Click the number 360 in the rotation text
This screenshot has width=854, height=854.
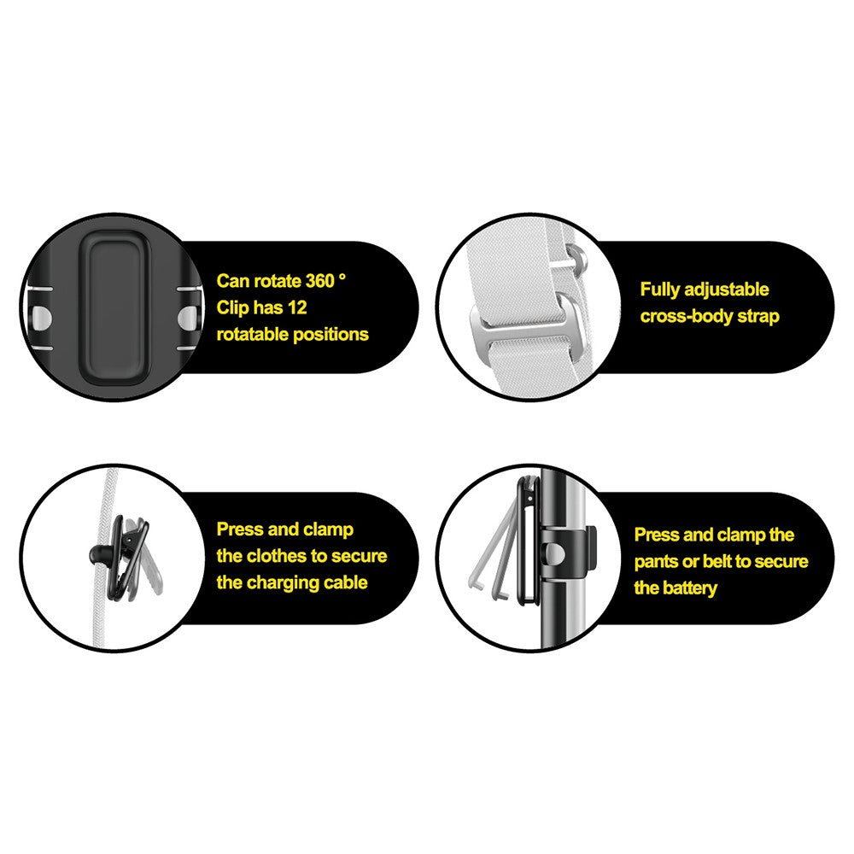[x=319, y=281]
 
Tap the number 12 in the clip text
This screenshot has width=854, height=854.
[x=297, y=307]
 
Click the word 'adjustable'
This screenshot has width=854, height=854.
[x=727, y=290]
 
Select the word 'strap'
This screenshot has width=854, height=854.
[x=758, y=317]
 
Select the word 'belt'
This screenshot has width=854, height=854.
[x=718, y=562]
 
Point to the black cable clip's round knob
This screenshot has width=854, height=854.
[x=98, y=554]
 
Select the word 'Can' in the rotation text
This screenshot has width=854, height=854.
[x=232, y=281]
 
